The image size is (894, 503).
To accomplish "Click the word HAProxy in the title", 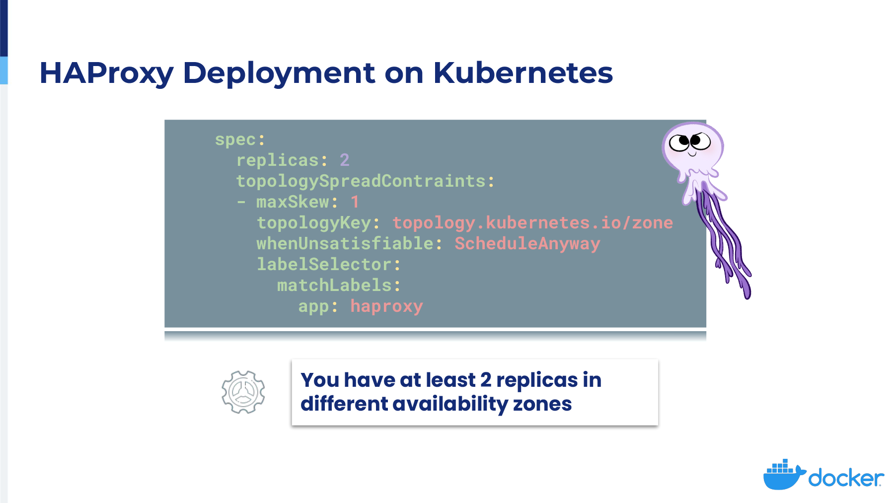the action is point(106,73).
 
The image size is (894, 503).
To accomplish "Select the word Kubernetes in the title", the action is point(523,72).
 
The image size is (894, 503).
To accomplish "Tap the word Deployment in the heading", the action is point(278,73).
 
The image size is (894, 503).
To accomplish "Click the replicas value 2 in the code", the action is point(345,160).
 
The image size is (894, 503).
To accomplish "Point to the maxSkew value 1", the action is point(355,202).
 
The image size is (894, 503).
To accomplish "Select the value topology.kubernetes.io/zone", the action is point(532,223).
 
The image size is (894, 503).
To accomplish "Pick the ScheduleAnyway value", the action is point(527,244).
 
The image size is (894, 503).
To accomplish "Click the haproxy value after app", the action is point(386,306).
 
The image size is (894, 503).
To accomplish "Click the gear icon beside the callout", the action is point(243,392).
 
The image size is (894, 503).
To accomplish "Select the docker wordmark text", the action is point(846,478).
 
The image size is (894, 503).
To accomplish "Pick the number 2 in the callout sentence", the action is point(486,380).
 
